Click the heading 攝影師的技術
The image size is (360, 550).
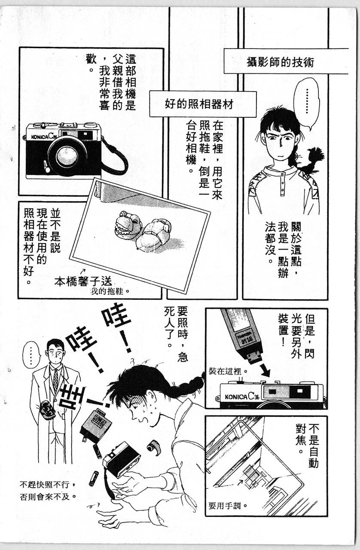[280, 62]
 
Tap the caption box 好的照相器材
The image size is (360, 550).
[203, 104]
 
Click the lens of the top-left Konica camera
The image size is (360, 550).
[67, 156]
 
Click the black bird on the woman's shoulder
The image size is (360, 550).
[312, 159]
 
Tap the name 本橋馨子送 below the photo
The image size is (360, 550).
[83, 281]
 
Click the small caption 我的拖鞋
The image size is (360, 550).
[110, 292]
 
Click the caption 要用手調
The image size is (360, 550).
[228, 506]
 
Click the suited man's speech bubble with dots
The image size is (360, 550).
[31, 355]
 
